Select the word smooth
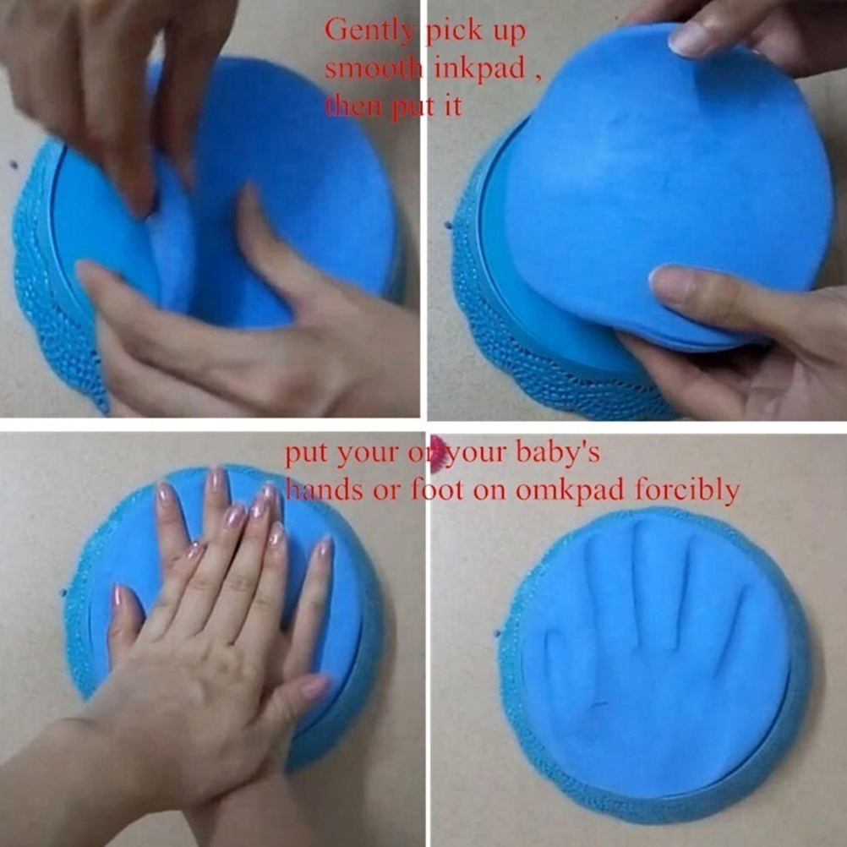pyautogui.click(x=372, y=68)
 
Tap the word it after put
pyautogui.click(x=453, y=106)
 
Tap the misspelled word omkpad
pyautogui.click(x=571, y=490)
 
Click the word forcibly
pyautogui.click(x=687, y=490)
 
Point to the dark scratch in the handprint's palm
pyautogui.click(x=598, y=704)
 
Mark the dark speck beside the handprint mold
pyautogui.click(x=497, y=632)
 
